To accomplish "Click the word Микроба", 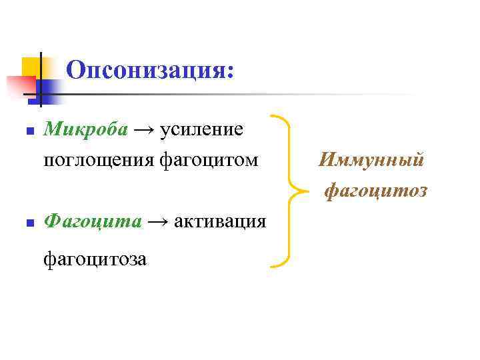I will [x=85, y=129].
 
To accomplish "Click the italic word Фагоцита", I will [x=93, y=221].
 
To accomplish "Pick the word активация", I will [x=220, y=221].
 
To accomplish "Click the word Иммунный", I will [x=371, y=160].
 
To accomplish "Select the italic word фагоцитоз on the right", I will [x=375, y=191].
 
